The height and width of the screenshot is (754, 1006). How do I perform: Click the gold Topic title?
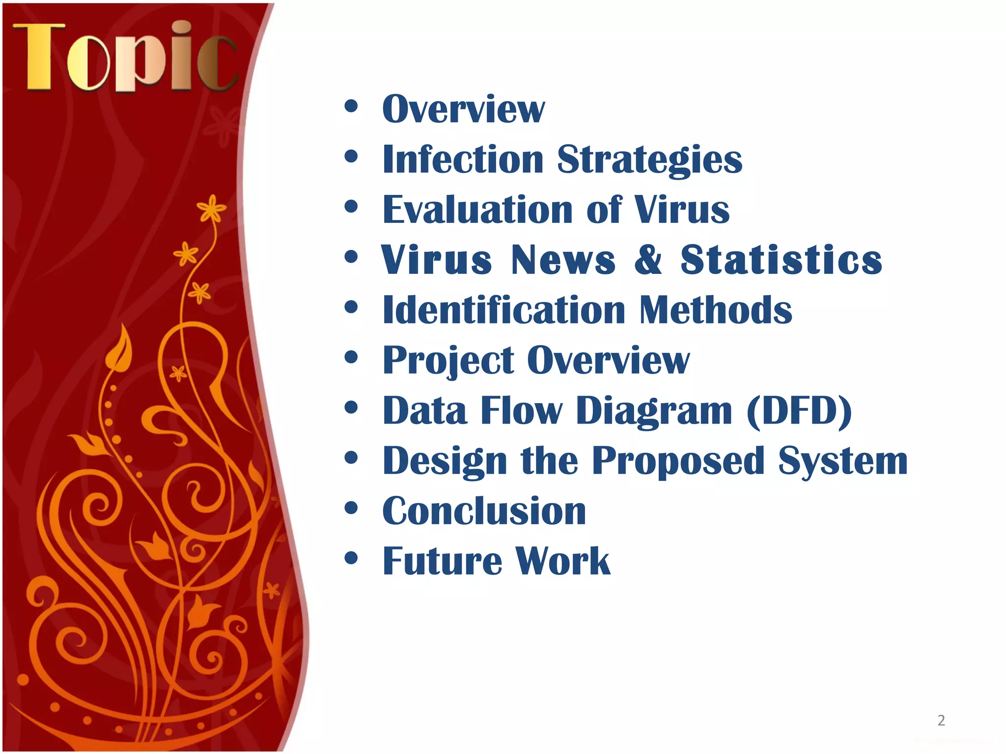(x=125, y=57)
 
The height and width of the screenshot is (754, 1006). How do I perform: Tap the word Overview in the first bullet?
(x=463, y=109)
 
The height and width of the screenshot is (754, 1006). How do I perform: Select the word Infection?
(x=463, y=160)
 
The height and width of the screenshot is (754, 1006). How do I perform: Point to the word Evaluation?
(x=477, y=210)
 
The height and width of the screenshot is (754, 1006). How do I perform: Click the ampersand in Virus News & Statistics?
(x=648, y=260)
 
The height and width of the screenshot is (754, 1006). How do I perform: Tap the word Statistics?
(x=781, y=260)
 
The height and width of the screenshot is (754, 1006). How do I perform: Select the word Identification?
(x=504, y=310)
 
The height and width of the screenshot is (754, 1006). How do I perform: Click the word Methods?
(x=716, y=310)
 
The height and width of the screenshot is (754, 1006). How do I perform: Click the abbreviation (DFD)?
(x=799, y=411)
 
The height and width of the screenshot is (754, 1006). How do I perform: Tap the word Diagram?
(x=654, y=411)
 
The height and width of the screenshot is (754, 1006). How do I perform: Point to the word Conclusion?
(x=484, y=512)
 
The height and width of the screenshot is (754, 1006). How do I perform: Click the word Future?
(x=442, y=561)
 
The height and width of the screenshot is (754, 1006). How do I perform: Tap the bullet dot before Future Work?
(x=351, y=558)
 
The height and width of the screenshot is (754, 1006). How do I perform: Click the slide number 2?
(x=941, y=720)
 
